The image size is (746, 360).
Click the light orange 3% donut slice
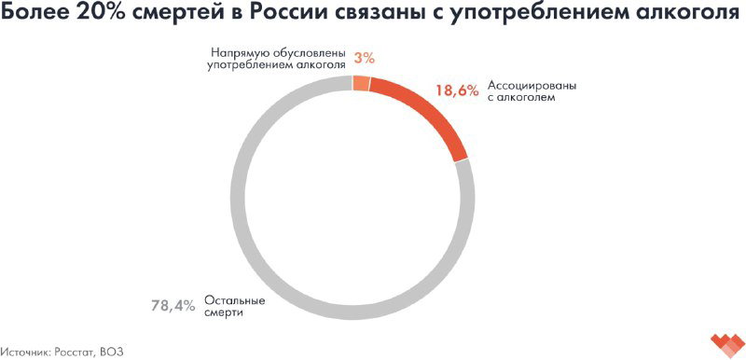tap(361, 83)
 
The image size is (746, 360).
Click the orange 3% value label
tap(364, 58)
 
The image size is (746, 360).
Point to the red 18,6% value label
tap(457, 90)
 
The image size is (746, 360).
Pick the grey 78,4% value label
tap(173, 305)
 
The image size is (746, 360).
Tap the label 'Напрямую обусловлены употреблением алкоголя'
tap(277, 59)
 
